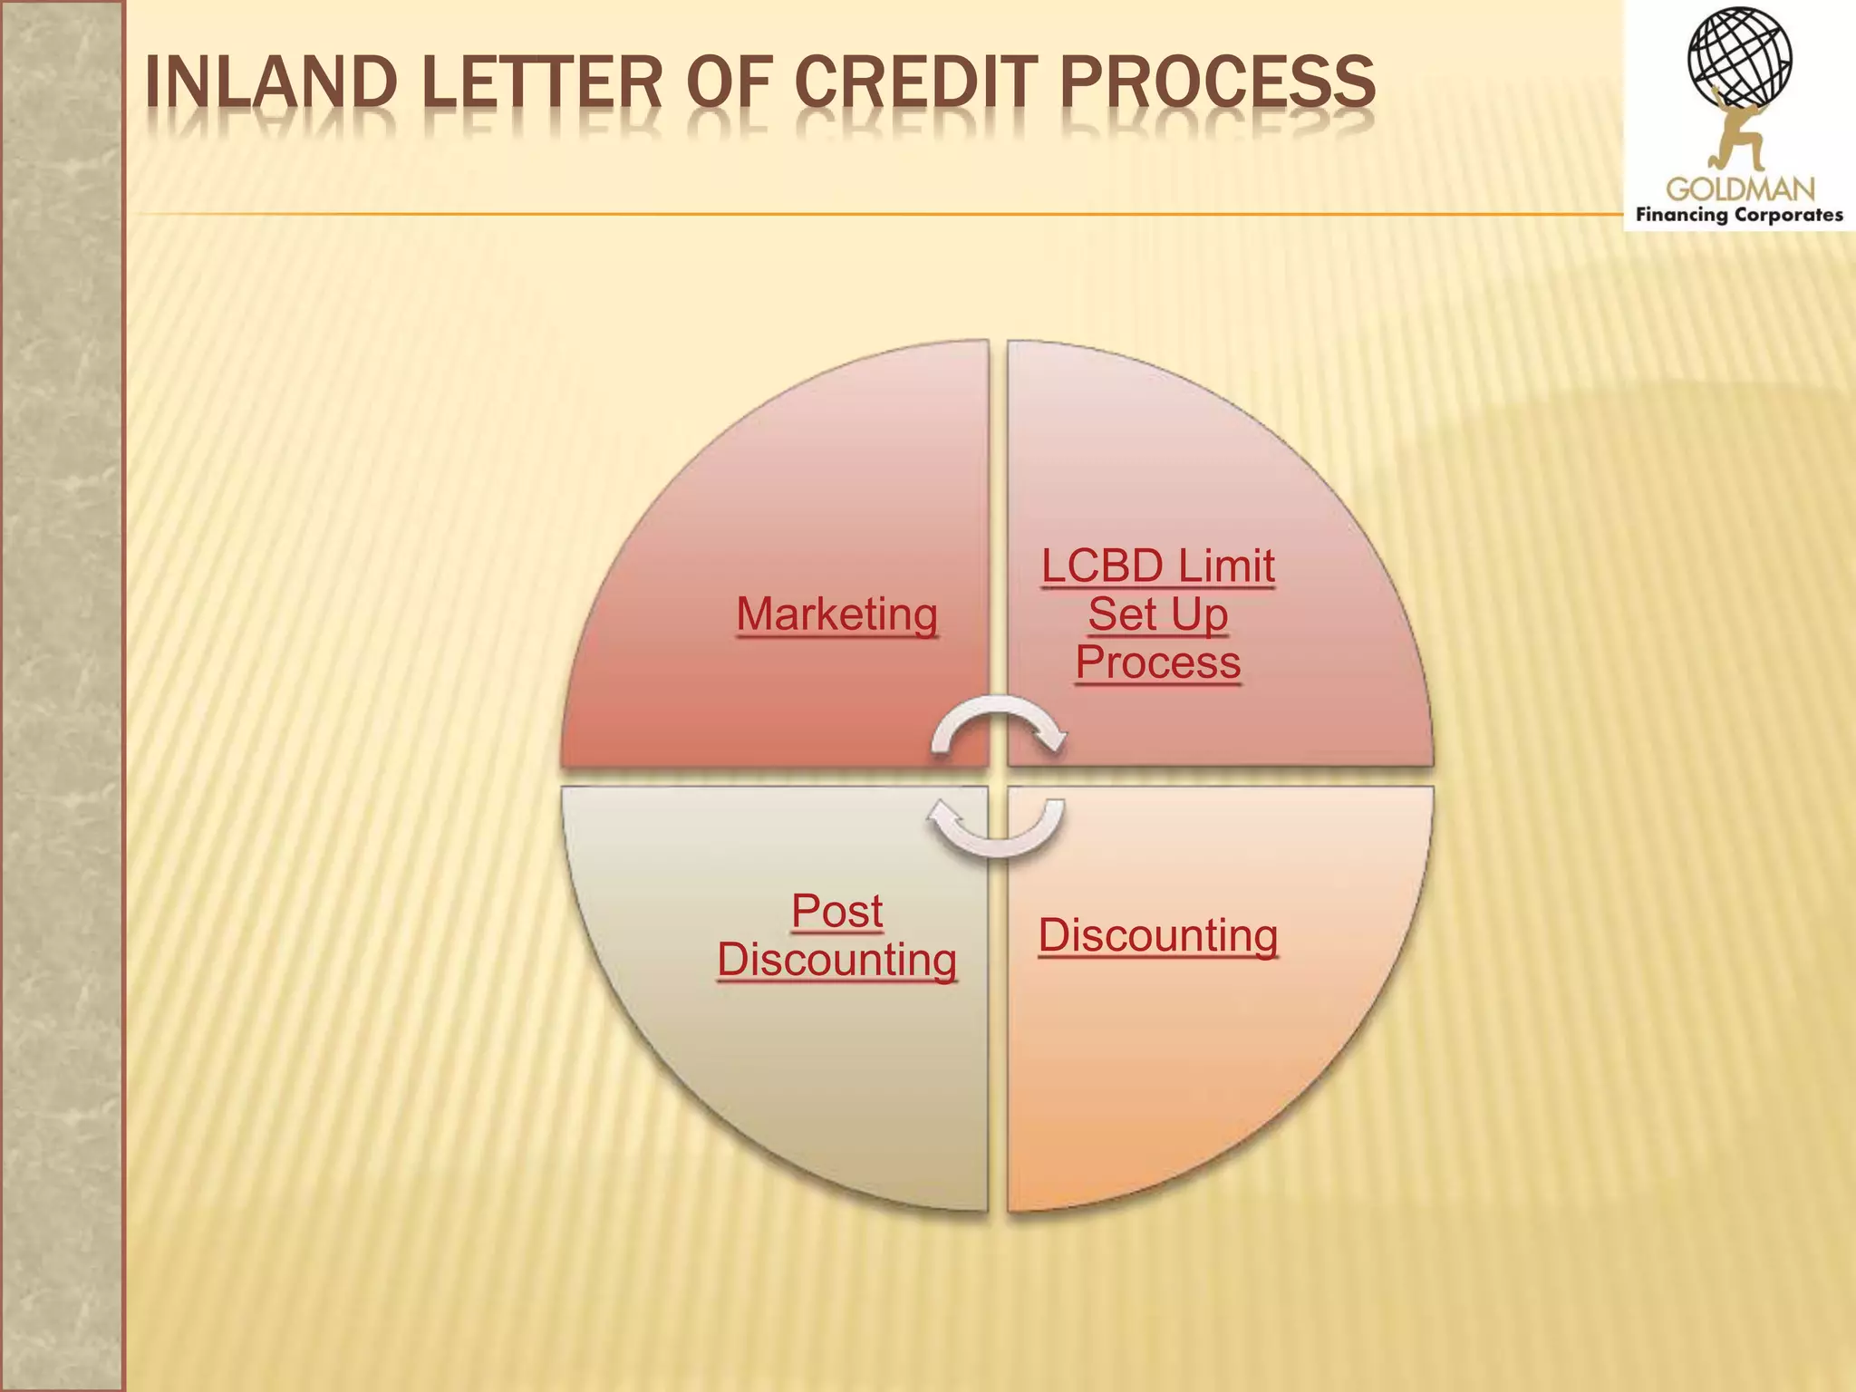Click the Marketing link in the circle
(836, 614)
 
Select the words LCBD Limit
(1157, 566)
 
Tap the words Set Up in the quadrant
(1157, 614)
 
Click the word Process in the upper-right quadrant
(1157, 662)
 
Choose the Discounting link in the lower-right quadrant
(1157, 935)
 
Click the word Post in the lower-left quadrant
(836, 911)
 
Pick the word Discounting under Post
(836, 960)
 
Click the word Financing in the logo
(1681, 216)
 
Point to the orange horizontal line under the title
(870, 215)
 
